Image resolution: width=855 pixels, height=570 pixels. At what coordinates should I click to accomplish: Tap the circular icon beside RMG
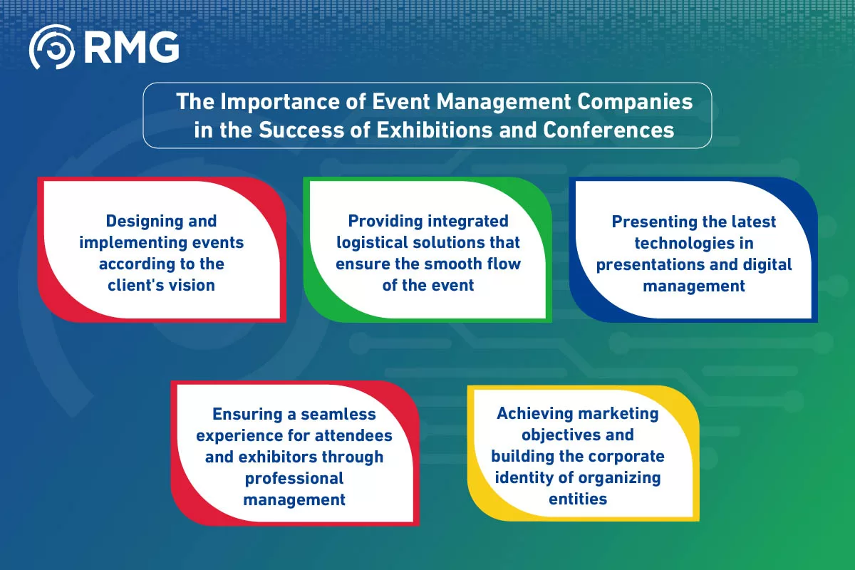tap(51, 47)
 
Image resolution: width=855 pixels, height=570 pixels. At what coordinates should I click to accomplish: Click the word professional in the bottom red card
tap(294, 478)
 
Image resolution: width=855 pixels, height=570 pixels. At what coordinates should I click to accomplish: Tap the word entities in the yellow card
tap(578, 499)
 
